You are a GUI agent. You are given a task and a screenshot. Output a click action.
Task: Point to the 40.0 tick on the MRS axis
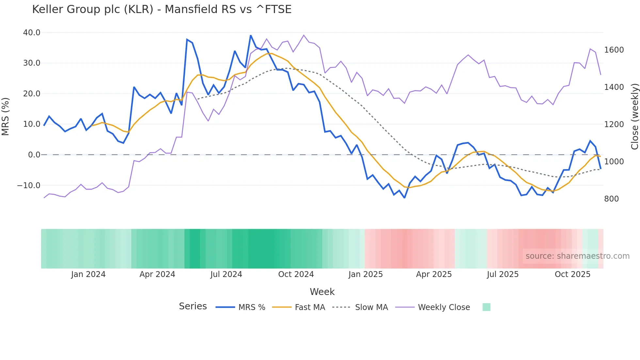click(32, 33)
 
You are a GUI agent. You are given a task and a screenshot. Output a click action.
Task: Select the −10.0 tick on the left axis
click(29, 186)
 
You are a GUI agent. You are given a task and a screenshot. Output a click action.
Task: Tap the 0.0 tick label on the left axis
click(34, 155)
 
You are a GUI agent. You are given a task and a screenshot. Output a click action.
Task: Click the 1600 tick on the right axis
click(614, 50)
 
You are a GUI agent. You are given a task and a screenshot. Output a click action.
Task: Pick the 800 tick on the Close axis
click(611, 199)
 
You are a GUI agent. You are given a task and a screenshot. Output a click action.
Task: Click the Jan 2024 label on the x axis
click(88, 274)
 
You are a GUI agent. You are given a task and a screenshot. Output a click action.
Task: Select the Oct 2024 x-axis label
click(296, 274)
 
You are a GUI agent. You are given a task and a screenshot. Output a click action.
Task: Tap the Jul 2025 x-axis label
click(503, 274)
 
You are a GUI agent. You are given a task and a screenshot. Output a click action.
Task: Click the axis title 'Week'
click(322, 292)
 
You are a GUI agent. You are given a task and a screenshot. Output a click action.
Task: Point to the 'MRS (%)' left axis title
click(6, 116)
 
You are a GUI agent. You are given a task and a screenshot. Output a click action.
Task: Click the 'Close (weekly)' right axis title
click(634, 116)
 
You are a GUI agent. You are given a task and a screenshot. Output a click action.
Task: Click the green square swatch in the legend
click(486, 307)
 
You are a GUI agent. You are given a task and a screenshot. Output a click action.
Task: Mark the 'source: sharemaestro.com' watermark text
click(577, 256)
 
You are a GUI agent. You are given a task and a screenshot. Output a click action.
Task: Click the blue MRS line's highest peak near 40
click(251, 35)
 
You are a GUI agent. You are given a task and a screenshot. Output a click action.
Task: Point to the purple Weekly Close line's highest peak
click(304, 35)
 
